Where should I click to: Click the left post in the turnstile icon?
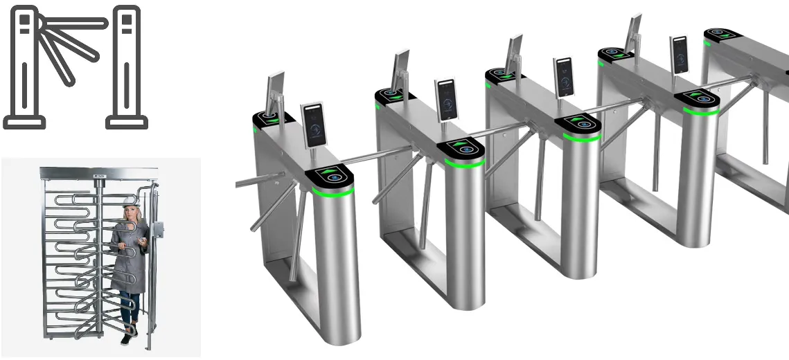tap(25, 66)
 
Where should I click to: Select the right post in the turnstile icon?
tap(127, 66)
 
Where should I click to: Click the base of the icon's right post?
tap(127, 123)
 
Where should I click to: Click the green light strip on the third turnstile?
tap(580, 136)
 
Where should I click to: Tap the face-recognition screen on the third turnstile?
tap(565, 76)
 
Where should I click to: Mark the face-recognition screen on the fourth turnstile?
tap(680, 54)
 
